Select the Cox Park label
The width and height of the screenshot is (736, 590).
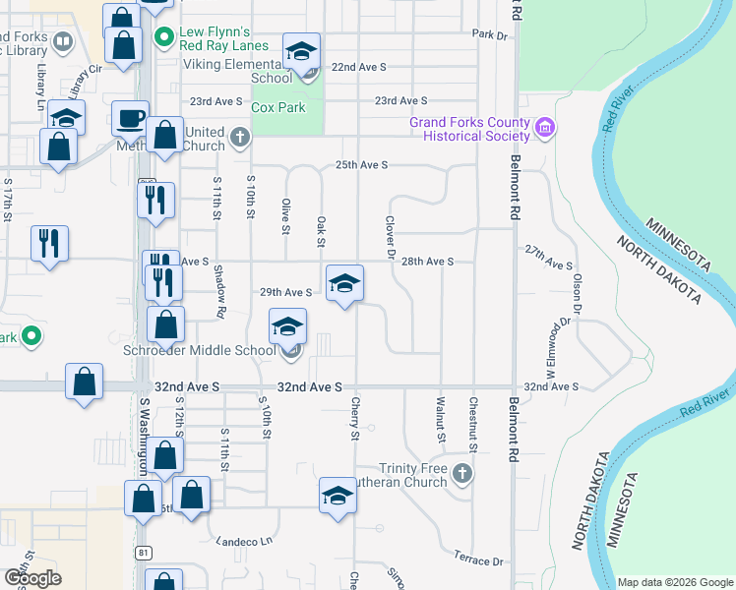(x=278, y=108)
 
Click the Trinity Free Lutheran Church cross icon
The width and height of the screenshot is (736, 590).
(x=463, y=476)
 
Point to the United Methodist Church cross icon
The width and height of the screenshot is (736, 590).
(x=240, y=139)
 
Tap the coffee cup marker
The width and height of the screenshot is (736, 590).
(x=130, y=119)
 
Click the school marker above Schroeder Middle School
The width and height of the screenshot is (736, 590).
(x=287, y=326)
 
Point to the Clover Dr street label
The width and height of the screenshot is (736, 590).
(x=390, y=238)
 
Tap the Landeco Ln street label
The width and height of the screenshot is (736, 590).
(x=244, y=542)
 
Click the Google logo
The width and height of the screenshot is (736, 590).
(x=32, y=578)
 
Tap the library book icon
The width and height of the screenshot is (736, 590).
(x=63, y=41)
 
